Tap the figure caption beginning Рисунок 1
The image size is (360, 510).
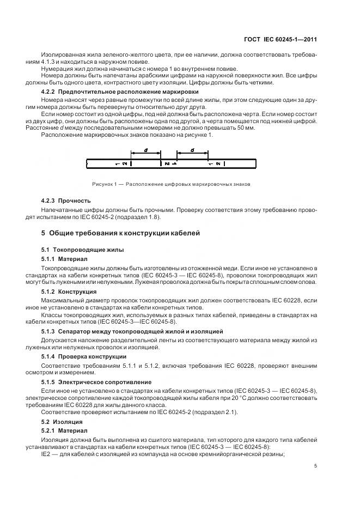(171, 184)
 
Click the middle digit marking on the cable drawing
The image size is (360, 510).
(169, 163)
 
